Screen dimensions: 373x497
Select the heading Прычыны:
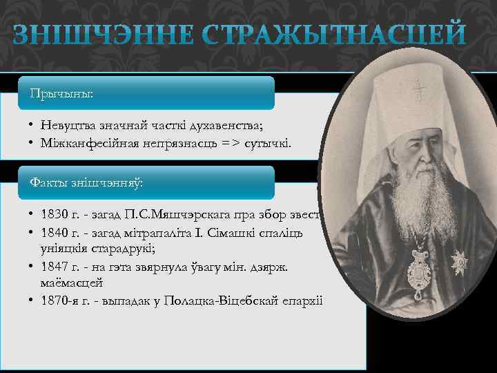tap(61, 93)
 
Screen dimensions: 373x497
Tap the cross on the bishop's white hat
tap(418, 90)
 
